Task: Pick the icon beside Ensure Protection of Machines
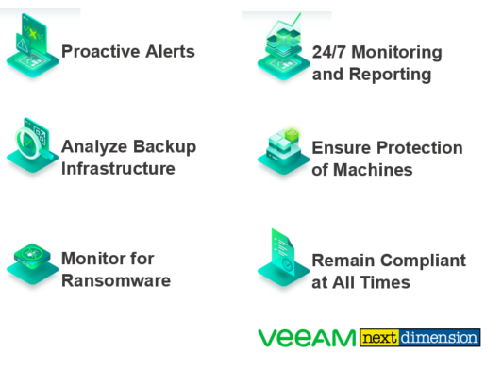point(282,151)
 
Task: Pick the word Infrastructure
point(118,169)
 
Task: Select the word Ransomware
point(116,280)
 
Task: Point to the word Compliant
point(419,260)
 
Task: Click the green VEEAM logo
point(307,338)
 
